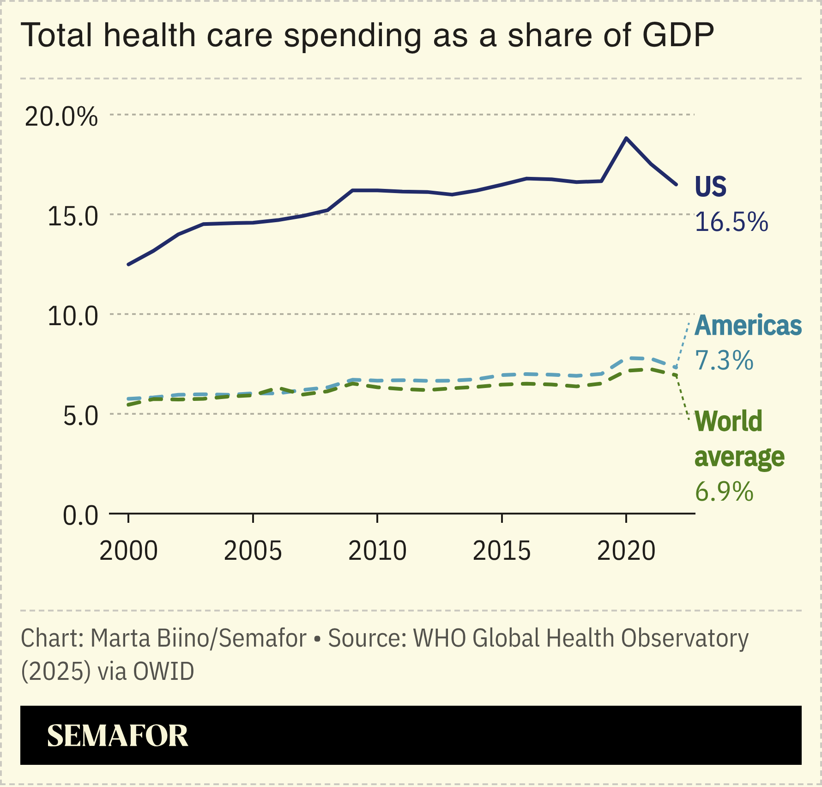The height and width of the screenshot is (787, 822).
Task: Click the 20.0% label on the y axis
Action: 61,116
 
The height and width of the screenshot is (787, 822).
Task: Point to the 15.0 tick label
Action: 73,216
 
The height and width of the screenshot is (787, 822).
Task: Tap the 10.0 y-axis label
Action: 73,316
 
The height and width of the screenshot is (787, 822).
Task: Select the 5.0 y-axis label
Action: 81,416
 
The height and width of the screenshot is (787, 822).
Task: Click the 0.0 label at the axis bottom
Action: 81,515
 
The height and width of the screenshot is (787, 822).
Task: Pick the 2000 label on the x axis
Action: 128,551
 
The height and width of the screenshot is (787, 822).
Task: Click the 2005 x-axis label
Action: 253,551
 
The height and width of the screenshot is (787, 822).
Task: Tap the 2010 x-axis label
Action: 377,551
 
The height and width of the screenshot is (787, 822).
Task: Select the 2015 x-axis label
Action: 502,551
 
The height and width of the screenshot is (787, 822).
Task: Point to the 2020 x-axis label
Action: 626,551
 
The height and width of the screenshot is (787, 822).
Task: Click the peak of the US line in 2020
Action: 626,138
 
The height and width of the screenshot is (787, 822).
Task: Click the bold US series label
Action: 710,187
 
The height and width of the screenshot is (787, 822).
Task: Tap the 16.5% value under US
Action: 731,222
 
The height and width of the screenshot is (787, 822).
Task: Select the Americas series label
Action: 748,326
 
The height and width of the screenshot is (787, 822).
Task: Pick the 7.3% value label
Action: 724,360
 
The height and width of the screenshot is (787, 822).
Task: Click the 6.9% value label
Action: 724,491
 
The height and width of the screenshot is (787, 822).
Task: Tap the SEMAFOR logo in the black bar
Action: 118,736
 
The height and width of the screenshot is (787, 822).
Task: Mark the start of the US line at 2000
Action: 128,265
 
